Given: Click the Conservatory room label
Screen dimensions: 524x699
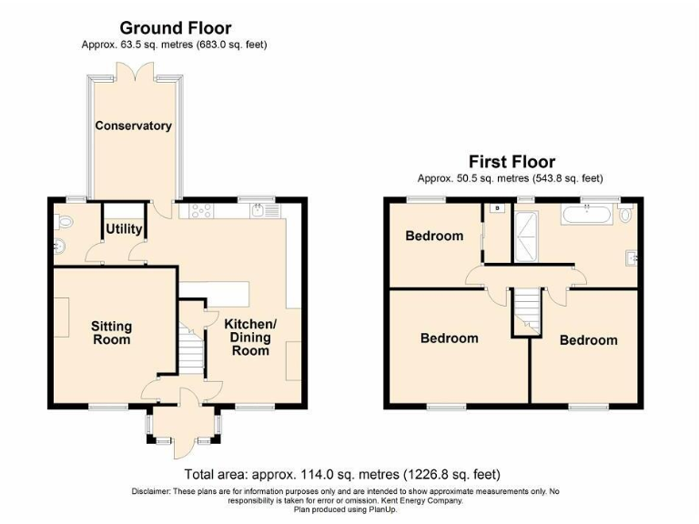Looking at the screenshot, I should [134, 126].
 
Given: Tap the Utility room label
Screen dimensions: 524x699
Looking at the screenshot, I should [124, 229].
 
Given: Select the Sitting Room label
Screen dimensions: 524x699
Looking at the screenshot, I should [111, 332].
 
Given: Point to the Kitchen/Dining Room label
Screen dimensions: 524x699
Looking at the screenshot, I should [250, 337].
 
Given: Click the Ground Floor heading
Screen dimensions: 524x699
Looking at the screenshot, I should [176, 28].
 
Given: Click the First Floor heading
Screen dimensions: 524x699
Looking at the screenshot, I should [511, 162].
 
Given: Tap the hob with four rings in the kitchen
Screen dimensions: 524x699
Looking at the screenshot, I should [201, 211].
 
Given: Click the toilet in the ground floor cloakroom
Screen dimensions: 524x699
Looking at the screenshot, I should [62, 221].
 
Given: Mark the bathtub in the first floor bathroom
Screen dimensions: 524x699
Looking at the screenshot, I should [587, 216].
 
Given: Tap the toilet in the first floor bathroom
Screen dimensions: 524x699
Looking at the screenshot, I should [624, 215].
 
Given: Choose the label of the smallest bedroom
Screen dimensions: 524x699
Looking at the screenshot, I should [434, 236].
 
